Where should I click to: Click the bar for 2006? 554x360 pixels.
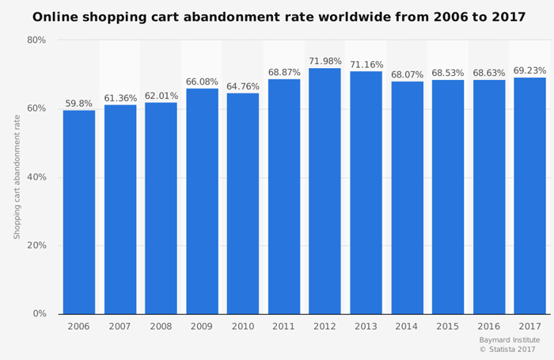(79, 212)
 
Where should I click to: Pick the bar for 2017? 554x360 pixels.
(529, 195)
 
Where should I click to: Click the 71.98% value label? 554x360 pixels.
(324, 62)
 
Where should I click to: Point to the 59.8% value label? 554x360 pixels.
(79, 104)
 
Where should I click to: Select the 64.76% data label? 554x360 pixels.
(243, 87)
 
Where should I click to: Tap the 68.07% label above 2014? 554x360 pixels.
(407, 75)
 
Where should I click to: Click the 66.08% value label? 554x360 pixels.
(202, 82)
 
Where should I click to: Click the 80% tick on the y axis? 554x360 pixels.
(37, 40)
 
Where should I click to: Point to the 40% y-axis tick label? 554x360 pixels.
(37, 177)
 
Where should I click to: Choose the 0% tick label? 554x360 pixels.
(40, 314)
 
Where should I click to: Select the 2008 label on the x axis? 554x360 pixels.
(161, 327)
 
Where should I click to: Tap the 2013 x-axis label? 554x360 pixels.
(366, 327)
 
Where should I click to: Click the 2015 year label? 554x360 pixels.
(447, 327)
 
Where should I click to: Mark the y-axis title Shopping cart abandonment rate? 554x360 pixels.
(17, 176)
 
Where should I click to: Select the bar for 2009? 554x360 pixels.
(202, 201)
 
